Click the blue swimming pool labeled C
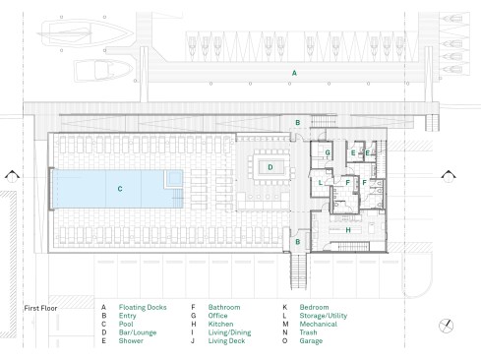pyautogui.click(x=117, y=189)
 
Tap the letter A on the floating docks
pyautogui.click(x=294, y=73)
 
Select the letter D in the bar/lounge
pyautogui.click(x=271, y=167)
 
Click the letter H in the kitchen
pyautogui.click(x=348, y=230)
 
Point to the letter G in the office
pyautogui.click(x=328, y=152)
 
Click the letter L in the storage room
pyautogui.click(x=321, y=183)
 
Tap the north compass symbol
pyautogui.click(x=446, y=326)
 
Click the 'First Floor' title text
pyautogui.click(x=40, y=308)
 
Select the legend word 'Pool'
pyautogui.click(x=126, y=324)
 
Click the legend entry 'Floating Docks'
pyautogui.click(x=143, y=307)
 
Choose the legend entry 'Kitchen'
pyautogui.click(x=221, y=324)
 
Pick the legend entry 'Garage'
pyautogui.click(x=311, y=340)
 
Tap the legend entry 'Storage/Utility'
pyautogui.click(x=324, y=316)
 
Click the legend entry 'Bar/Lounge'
pyautogui.click(x=138, y=332)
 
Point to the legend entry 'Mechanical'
pyautogui.click(x=319, y=324)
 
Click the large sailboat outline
pyautogui.click(x=86, y=33)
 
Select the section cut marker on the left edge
pyautogui.click(x=12, y=176)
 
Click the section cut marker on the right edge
pyautogui.click(x=449, y=176)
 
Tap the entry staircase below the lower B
pyautogui.click(x=299, y=271)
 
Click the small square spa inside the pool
pyautogui.click(x=173, y=179)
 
